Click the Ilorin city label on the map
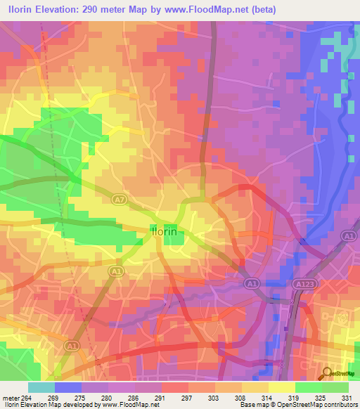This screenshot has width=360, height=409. [x=167, y=231]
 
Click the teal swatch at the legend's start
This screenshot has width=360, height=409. [x=41, y=387]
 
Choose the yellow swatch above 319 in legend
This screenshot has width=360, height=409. [x=281, y=387]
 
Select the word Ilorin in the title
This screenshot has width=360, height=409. [x=20, y=10]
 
